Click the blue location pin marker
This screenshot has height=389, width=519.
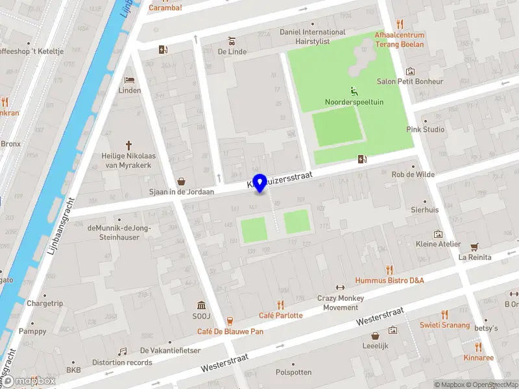coord(259,183)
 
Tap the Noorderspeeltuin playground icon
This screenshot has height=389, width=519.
coord(354,91)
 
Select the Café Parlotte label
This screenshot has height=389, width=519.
coord(280,315)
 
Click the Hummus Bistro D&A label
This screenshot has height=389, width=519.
coord(389,280)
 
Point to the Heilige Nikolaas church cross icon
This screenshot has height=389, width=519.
coord(128,145)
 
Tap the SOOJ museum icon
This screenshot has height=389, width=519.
coord(201,305)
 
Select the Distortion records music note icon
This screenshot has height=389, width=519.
coord(122,351)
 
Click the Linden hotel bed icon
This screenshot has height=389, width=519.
coord(129,80)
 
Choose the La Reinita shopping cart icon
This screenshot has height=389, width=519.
coord(474,246)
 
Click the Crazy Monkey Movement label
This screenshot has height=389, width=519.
coord(340,303)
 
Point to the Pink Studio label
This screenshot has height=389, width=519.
coord(425,130)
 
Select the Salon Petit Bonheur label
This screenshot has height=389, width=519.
coord(410,82)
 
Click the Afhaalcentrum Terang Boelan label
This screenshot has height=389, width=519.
coord(399,40)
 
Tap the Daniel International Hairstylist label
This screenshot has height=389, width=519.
coord(313,36)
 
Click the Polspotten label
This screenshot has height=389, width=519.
coord(293,372)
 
